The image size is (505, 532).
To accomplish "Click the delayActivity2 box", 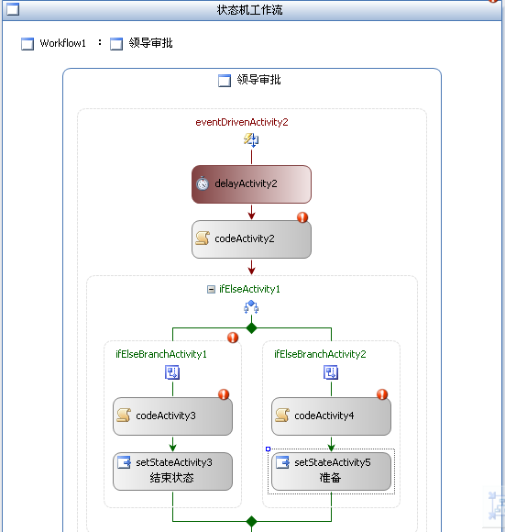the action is (251, 184).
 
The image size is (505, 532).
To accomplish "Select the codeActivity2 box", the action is (251, 239).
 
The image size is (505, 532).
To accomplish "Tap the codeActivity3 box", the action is (172, 416).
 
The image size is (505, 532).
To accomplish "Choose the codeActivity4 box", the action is (331, 416).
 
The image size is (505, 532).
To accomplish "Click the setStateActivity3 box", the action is (172, 471).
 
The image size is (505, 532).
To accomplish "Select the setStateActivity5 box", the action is (331, 471).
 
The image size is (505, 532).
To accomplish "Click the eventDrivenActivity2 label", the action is (242, 122).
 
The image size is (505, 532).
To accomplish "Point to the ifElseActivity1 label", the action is (249, 289).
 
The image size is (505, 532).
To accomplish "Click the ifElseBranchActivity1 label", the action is (161, 354).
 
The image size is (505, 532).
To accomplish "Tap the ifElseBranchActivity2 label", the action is (320, 354).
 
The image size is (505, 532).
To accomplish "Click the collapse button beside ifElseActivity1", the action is (211, 290).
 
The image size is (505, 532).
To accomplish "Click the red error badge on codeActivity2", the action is (302, 217).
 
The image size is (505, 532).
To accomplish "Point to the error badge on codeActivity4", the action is (382, 394).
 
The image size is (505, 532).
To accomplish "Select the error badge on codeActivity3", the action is (224, 394).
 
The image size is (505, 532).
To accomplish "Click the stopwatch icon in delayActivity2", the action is (203, 183).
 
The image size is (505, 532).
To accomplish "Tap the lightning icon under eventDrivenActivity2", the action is (251, 139).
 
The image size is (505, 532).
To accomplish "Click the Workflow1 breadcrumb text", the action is (62, 43).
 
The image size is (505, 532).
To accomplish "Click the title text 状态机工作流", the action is (250, 10).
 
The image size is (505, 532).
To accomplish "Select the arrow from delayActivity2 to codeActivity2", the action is (251, 212).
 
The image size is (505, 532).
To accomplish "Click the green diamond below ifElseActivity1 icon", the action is (251, 328).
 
